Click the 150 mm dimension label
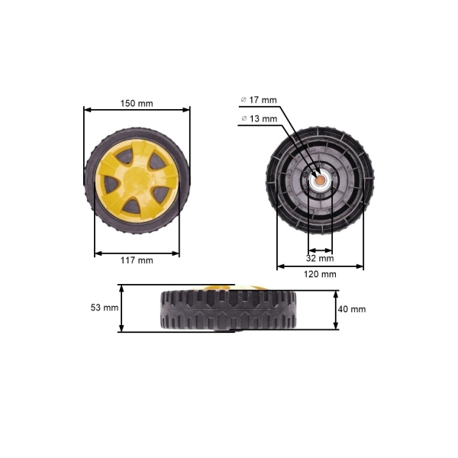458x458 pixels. click(137, 103)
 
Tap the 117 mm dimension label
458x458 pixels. click(137, 260)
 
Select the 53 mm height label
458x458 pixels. click(104, 308)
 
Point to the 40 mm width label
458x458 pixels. click(353, 308)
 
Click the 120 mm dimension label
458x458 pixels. click(321, 273)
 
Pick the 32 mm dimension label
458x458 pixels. click(321, 258)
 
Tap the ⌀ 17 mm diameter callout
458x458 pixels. click(259, 100)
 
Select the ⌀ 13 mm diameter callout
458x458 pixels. click(259, 119)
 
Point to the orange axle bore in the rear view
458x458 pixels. click(321, 181)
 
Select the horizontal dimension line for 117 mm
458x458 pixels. click(137, 253)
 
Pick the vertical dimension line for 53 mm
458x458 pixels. click(121, 308)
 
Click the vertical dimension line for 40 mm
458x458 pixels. click(337, 308)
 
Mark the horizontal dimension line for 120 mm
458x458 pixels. click(321, 266)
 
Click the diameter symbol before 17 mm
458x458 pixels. click(244, 100)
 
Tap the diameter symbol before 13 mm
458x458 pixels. click(244, 119)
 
